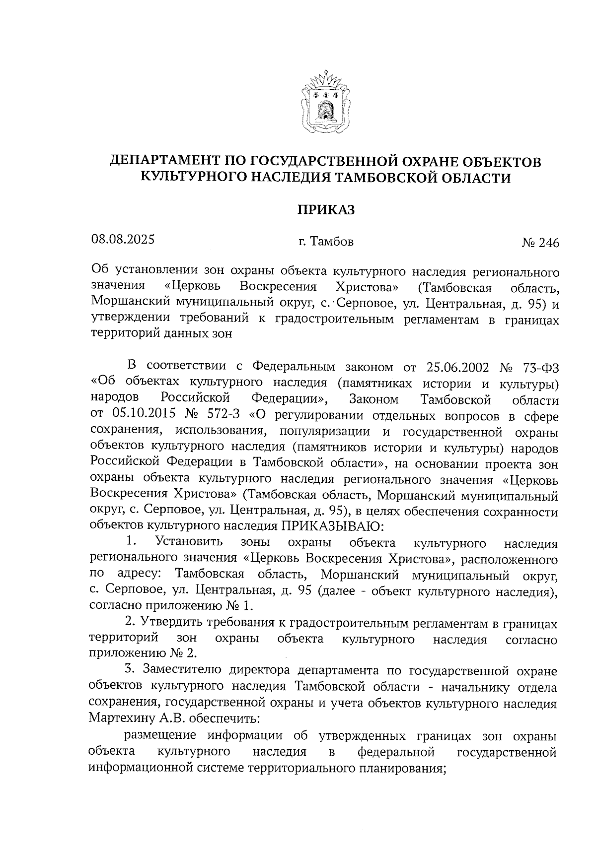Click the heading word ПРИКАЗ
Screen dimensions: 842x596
pyautogui.click(x=326, y=209)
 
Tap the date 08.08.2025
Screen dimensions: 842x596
pyautogui.click(x=123, y=240)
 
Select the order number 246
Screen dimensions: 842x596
pyautogui.click(x=548, y=243)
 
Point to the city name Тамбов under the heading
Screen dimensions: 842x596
pyautogui.click(x=332, y=242)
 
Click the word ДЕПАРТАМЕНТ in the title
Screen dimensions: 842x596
pyautogui.click(x=164, y=161)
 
